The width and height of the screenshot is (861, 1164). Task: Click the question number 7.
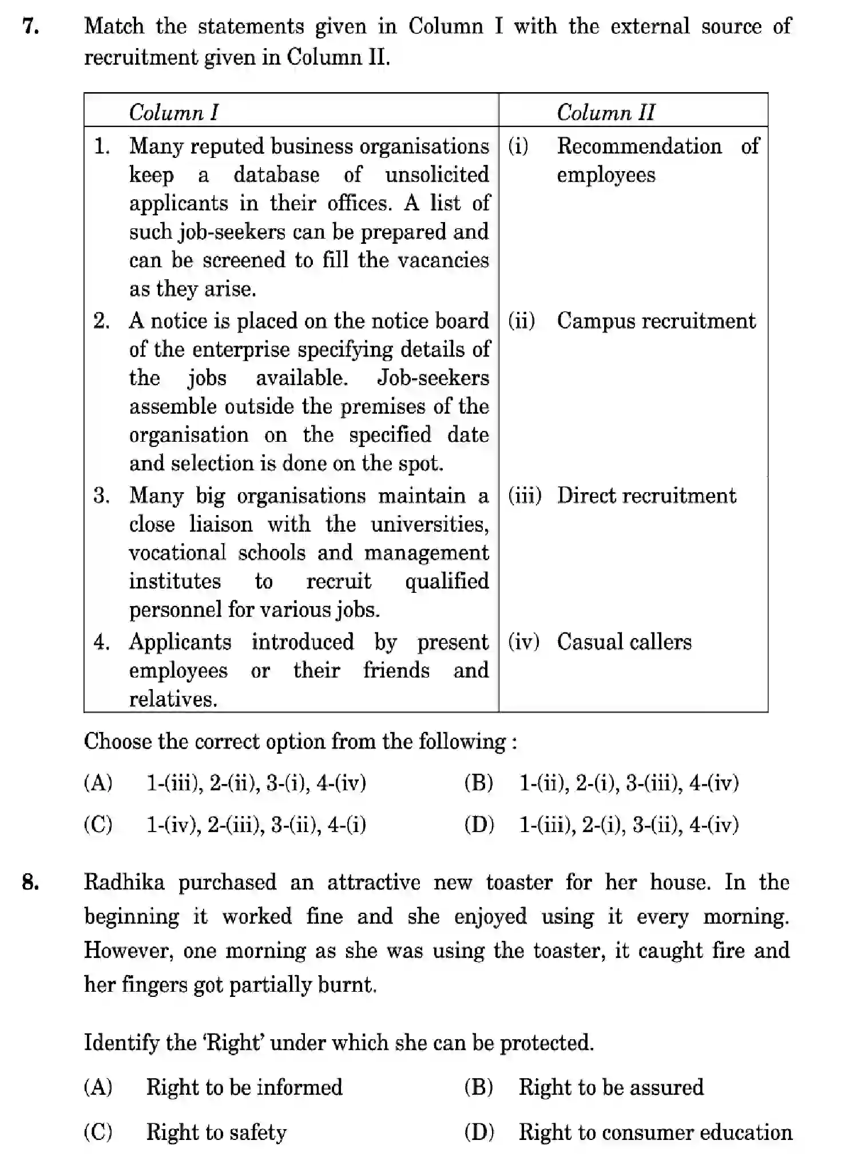pos(30,27)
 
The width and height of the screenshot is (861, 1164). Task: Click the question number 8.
pos(30,882)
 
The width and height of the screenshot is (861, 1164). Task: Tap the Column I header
pos(173,112)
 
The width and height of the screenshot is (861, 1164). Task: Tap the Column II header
pos(605,112)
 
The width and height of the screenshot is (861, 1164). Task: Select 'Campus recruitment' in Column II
pos(656,321)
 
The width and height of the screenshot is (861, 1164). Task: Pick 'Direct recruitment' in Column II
pos(646,496)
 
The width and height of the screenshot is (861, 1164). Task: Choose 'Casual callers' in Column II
pos(624,642)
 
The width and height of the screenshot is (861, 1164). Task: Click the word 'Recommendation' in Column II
pos(639,147)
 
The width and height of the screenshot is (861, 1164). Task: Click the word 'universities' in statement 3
pos(429,524)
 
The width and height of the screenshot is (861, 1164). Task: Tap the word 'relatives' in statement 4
pos(173,699)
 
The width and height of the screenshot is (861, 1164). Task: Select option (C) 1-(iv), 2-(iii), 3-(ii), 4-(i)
pos(256,825)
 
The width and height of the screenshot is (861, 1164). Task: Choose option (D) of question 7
pos(628,825)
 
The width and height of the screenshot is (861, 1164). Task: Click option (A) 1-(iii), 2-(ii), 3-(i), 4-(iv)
pos(256,782)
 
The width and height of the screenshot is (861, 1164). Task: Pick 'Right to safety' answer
pos(216,1133)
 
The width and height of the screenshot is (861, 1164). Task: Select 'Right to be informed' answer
pos(244,1087)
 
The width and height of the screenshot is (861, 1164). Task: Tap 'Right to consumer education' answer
pos(655,1133)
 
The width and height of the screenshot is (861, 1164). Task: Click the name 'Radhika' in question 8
pos(124,882)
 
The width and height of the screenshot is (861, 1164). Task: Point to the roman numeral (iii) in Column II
pos(524,496)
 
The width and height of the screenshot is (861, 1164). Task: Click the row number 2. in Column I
pos(102,321)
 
